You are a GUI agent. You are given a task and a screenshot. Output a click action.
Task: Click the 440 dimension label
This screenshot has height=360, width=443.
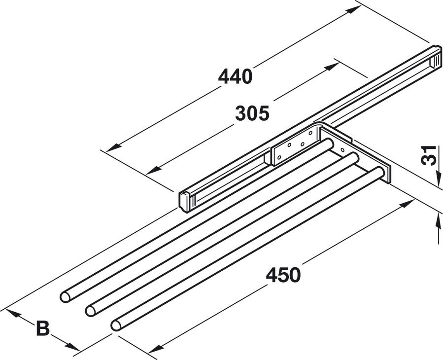click(x=235, y=76)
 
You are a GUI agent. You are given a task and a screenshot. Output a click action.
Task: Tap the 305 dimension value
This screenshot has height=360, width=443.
click(x=252, y=113)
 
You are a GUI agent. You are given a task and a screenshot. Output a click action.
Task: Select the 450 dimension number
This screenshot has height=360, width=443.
click(x=283, y=275)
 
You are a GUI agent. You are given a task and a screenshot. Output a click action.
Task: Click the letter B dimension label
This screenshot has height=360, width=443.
click(x=43, y=328)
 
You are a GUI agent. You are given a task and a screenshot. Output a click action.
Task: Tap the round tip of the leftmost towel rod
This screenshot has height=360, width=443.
click(x=65, y=297)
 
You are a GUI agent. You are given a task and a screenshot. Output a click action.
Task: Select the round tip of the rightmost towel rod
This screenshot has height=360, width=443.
click(x=116, y=325)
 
